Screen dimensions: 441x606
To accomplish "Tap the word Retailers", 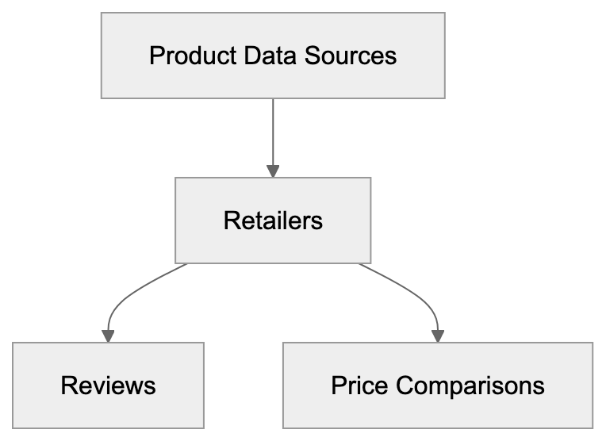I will coord(273,220).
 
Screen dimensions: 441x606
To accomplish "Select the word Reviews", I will coord(108,385).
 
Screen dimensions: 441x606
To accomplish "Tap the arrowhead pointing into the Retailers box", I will coord(273,171).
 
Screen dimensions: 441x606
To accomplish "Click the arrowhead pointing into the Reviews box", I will coord(108,336).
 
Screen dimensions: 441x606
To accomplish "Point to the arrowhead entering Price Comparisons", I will coord(438,336).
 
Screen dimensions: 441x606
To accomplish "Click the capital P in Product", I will coord(155,56).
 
